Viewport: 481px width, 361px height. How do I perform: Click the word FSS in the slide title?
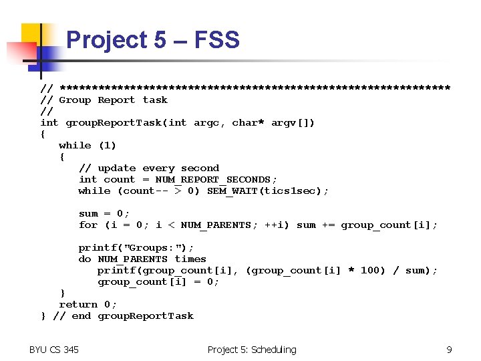pyautogui.click(x=216, y=40)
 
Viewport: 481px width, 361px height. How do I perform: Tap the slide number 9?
pyautogui.click(x=449, y=350)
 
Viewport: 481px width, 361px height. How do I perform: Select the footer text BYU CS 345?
pyautogui.click(x=53, y=350)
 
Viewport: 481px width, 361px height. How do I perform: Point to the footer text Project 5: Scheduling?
pyautogui.click(x=251, y=350)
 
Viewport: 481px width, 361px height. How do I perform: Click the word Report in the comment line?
pyautogui.click(x=116, y=100)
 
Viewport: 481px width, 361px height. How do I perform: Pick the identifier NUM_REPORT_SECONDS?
pyautogui.click(x=216, y=180)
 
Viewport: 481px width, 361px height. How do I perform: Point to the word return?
pyautogui.click(x=78, y=305)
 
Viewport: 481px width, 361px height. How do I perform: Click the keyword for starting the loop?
pyautogui.click(x=88, y=225)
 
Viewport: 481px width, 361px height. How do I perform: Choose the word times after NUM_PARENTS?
pyautogui.click(x=190, y=259)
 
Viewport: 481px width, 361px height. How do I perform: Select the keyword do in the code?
pyautogui.click(x=85, y=259)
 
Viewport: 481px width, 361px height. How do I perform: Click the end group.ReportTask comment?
pyautogui.click(x=123, y=316)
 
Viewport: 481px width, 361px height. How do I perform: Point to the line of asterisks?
pyautogui.click(x=255, y=88)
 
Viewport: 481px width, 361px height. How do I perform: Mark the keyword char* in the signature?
pyautogui.click(x=248, y=123)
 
